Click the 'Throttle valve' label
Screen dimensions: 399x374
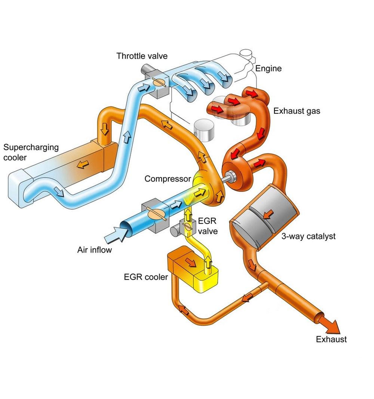(142, 56)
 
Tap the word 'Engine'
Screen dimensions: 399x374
(269, 68)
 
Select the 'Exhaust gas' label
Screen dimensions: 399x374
(297, 111)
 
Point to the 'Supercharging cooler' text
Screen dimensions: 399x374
(31, 152)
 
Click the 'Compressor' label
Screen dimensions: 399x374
(168, 179)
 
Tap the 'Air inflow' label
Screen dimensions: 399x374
(94, 250)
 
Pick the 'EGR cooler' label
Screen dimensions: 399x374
(146, 277)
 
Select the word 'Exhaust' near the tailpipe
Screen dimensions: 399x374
(331, 340)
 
